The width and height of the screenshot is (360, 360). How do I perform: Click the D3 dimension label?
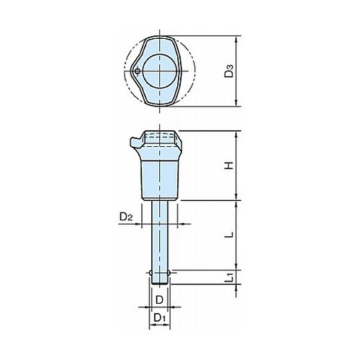[x=229, y=71]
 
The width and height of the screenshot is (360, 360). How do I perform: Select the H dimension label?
[x=229, y=166]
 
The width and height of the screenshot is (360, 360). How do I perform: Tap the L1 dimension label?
[x=230, y=277]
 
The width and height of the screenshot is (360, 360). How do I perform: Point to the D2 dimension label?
[x=126, y=217]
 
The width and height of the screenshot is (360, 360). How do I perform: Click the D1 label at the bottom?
[x=160, y=318]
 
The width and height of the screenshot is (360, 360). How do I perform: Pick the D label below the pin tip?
[x=160, y=300]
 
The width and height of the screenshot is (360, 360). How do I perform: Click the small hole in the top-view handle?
[x=138, y=71]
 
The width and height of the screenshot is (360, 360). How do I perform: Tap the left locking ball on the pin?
[x=150, y=273]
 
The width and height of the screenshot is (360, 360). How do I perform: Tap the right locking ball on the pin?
[x=169, y=273]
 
